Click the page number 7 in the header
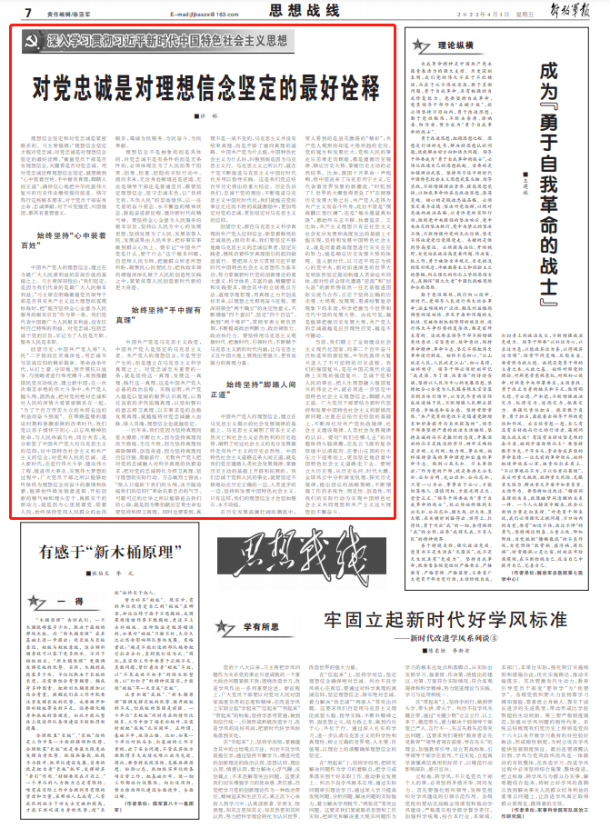29,12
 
